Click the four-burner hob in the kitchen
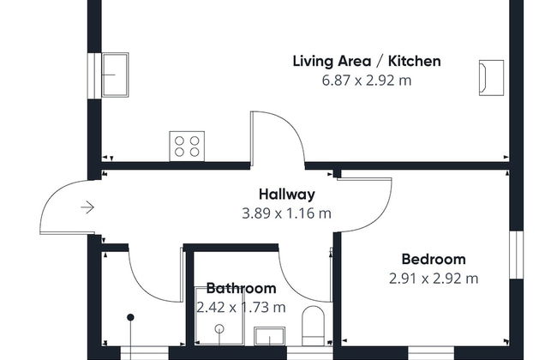click(188, 145)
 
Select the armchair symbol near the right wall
click(491, 76)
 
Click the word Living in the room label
click(314, 61)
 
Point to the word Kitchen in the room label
click(415, 61)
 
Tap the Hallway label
click(286, 195)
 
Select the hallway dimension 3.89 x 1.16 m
click(286, 213)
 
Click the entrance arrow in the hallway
click(87, 207)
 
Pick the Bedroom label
click(434, 259)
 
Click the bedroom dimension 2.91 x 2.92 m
click(433, 278)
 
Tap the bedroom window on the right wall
click(516, 254)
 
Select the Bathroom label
click(241, 288)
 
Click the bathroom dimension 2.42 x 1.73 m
click(241, 307)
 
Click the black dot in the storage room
click(131, 318)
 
